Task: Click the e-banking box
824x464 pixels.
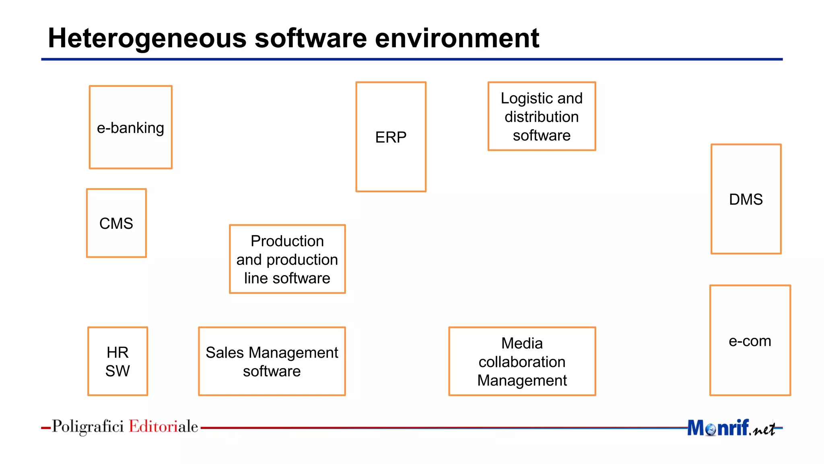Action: pyautogui.click(x=131, y=127)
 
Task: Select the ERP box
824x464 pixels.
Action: pyautogui.click(x=391, y=137)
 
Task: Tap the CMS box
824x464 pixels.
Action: pyautogui.click(x=116, y=223)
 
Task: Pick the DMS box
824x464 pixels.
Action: pyautogui.click(x=746, y=199)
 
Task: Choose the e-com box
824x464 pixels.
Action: pyautogui.click(x=750, y=341)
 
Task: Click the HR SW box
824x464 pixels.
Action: pyautogui.click(x=117, y=361)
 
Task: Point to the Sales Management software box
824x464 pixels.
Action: pyautogui.click(x=272, y=361)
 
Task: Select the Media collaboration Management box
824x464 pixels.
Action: pyautogui.click(x=522, y=361)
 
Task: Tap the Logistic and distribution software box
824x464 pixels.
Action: pyautogui.click(x=542, y=116)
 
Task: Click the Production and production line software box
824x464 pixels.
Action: pyautogui.click(x=287, y=259)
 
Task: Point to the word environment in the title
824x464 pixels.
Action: pyautogui.click(x=457, y=38)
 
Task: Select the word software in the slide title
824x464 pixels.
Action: pyautogui.click(x=311, y=38)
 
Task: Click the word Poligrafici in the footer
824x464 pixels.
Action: pyautogui.click(x=88, y=427)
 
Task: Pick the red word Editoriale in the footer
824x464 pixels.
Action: pyautogui.click(x=163, y=427)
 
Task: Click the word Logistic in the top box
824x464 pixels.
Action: pyautogui.click(x=521, y=98)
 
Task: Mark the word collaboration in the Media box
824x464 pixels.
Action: pyautogui.click(x=522, y=362)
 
